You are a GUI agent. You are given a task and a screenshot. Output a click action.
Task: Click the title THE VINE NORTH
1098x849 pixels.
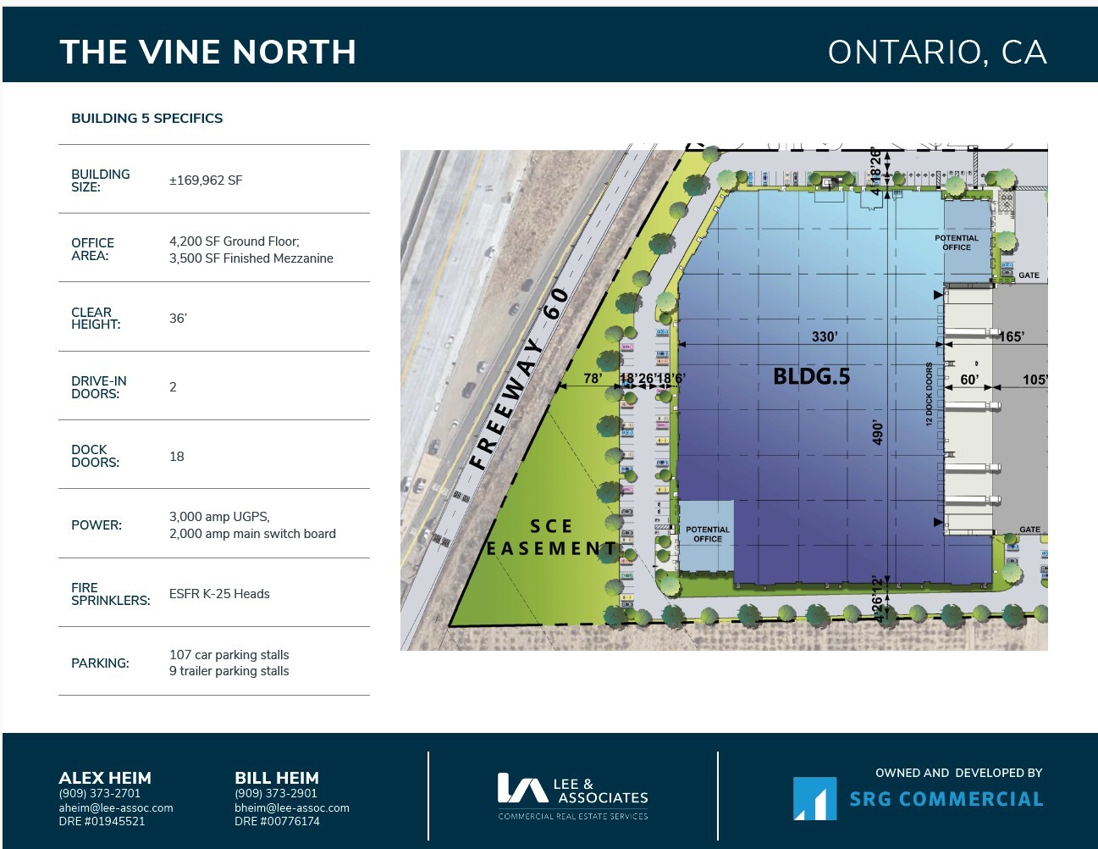pyautogui.click(x=207, y=53)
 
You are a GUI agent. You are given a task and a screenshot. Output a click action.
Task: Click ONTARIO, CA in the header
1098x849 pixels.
pyautogui.click(x=936, y=53)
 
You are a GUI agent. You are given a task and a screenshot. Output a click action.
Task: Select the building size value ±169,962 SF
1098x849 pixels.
pyautogui.click(x=206, y=180)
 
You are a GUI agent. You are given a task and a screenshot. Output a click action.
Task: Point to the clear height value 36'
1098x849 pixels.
pyautogui.click(x=178, y=319)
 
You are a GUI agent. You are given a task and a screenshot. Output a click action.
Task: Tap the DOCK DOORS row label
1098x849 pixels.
pyautogui.click(x=95, y=456)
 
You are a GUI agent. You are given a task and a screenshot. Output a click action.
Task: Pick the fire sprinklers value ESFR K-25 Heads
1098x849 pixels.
pyautogui.click(x=219, y=594)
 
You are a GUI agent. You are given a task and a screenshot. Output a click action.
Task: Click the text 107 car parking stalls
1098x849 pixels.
pyautogui.click(x=229, y=655)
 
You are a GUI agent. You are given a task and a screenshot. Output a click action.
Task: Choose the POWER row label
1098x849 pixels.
pyautogui.click(x=97, y=525)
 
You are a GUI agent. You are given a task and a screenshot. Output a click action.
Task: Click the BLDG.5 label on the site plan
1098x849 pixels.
pyautogui.click(x=811, y=376)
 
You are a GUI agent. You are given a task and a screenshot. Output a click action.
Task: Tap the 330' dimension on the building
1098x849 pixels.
pyautogui.click(x=824, y=336)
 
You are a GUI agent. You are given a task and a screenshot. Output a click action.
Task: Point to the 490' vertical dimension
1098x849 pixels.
pyautogui.click(x=878, y=432)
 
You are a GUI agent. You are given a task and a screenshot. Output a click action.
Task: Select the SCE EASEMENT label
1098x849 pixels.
pyautogui.click(x=551, y=538)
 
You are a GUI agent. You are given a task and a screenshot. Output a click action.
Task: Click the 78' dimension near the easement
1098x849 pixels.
pyautogui.click(x=593, y=378)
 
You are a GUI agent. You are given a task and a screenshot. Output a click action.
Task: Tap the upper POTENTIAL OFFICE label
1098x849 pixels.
pyautogui.click(x=957, y=242)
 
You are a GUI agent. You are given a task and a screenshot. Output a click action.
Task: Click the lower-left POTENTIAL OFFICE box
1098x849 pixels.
pyautogui.click(x=707, y=535)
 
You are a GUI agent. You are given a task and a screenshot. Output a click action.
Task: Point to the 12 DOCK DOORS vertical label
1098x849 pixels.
pyautogui.click(x=929, y=394)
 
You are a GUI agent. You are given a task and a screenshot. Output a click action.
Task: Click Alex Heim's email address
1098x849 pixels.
pyautogui.click(x=116, y=808)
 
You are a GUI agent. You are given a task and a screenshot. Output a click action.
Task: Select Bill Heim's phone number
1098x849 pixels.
pyautogui.click(x=276, y=794)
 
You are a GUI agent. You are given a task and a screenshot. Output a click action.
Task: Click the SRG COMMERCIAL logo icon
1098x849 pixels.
pyautogui.click(x=814, y=799)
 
